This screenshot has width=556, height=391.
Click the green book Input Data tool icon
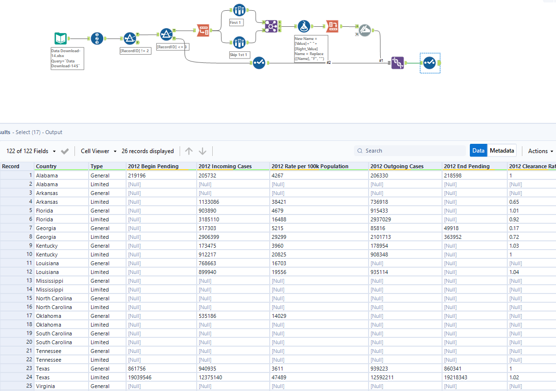[x=61, y=39]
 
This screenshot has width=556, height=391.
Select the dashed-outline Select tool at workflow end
[x=429, y=63]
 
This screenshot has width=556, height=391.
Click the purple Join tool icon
[x=271, y=26]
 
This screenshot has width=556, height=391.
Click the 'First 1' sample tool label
[x=236, y=22]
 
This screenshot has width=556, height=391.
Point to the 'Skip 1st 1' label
[x=239, y=55]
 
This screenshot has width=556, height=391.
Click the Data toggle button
[x=479, y=151]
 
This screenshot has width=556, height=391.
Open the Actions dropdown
[x=540, y=151]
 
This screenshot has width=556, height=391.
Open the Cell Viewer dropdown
[x=98, y=151]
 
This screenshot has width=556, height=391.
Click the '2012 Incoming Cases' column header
[x=225, y=166]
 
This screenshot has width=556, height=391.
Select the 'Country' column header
[x=46, y=166]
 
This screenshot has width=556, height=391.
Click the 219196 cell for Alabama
[x=137, y=176]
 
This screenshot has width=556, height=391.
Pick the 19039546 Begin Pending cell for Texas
[x=141, y=377]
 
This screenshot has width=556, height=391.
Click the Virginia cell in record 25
[x=46, y=386]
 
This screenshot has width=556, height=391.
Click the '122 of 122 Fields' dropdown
[x=31, y=151]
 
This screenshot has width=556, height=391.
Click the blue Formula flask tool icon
[x=304, y=26]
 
